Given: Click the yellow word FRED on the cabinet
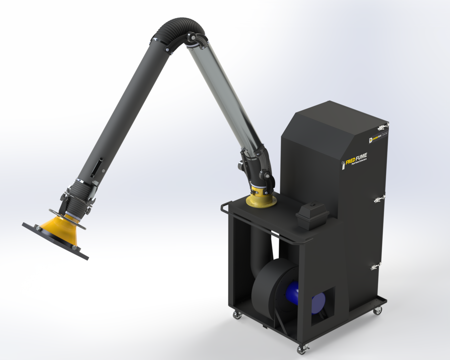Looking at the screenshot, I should pyautogui.click(x=350, y=161).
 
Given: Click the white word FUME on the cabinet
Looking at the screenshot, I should pyautogui.click(x=361, y=157).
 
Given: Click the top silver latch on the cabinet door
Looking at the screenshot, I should pyautogui.click(x=382, y=127).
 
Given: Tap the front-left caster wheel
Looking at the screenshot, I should pyautogui.click(x=237, y=314).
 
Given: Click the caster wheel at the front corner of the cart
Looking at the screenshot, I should pyautogui.click(x=302, y=349).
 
